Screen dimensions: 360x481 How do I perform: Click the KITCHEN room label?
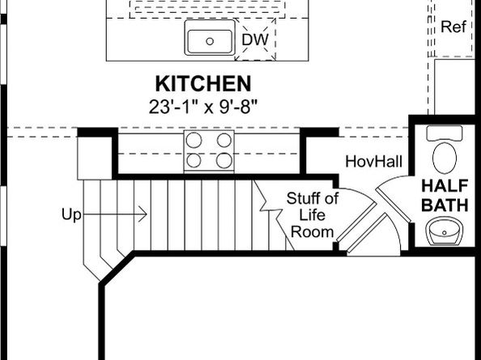point(202,83)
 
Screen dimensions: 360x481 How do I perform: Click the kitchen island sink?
point(210,39)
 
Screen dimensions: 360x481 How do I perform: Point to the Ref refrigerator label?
point(454,27)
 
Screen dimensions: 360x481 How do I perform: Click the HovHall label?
point(373,161)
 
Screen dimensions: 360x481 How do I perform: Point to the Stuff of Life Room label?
point(312,215)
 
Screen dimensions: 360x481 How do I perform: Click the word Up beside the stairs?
point(71,214)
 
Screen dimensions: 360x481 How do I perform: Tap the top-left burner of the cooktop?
point(194,139)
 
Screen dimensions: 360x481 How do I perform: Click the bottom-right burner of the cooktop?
point(223,160)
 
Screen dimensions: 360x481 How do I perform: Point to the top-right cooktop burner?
point(223,139)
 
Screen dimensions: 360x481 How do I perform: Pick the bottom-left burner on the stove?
point(194,160)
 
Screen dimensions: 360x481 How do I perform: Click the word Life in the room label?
point(313,215)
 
